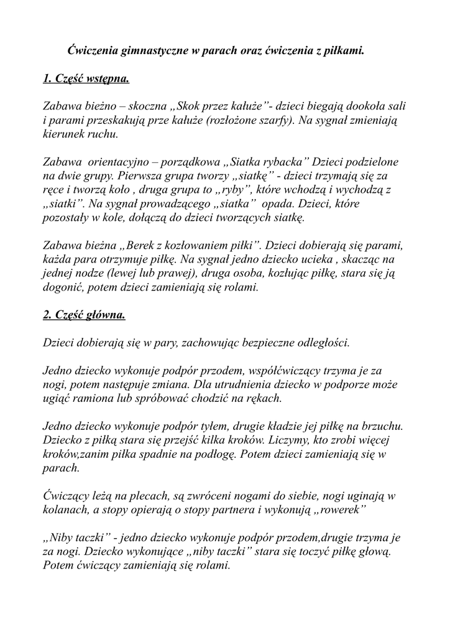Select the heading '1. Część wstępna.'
click(x=86, y=79)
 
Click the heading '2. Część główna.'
click(x=84, y=315)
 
